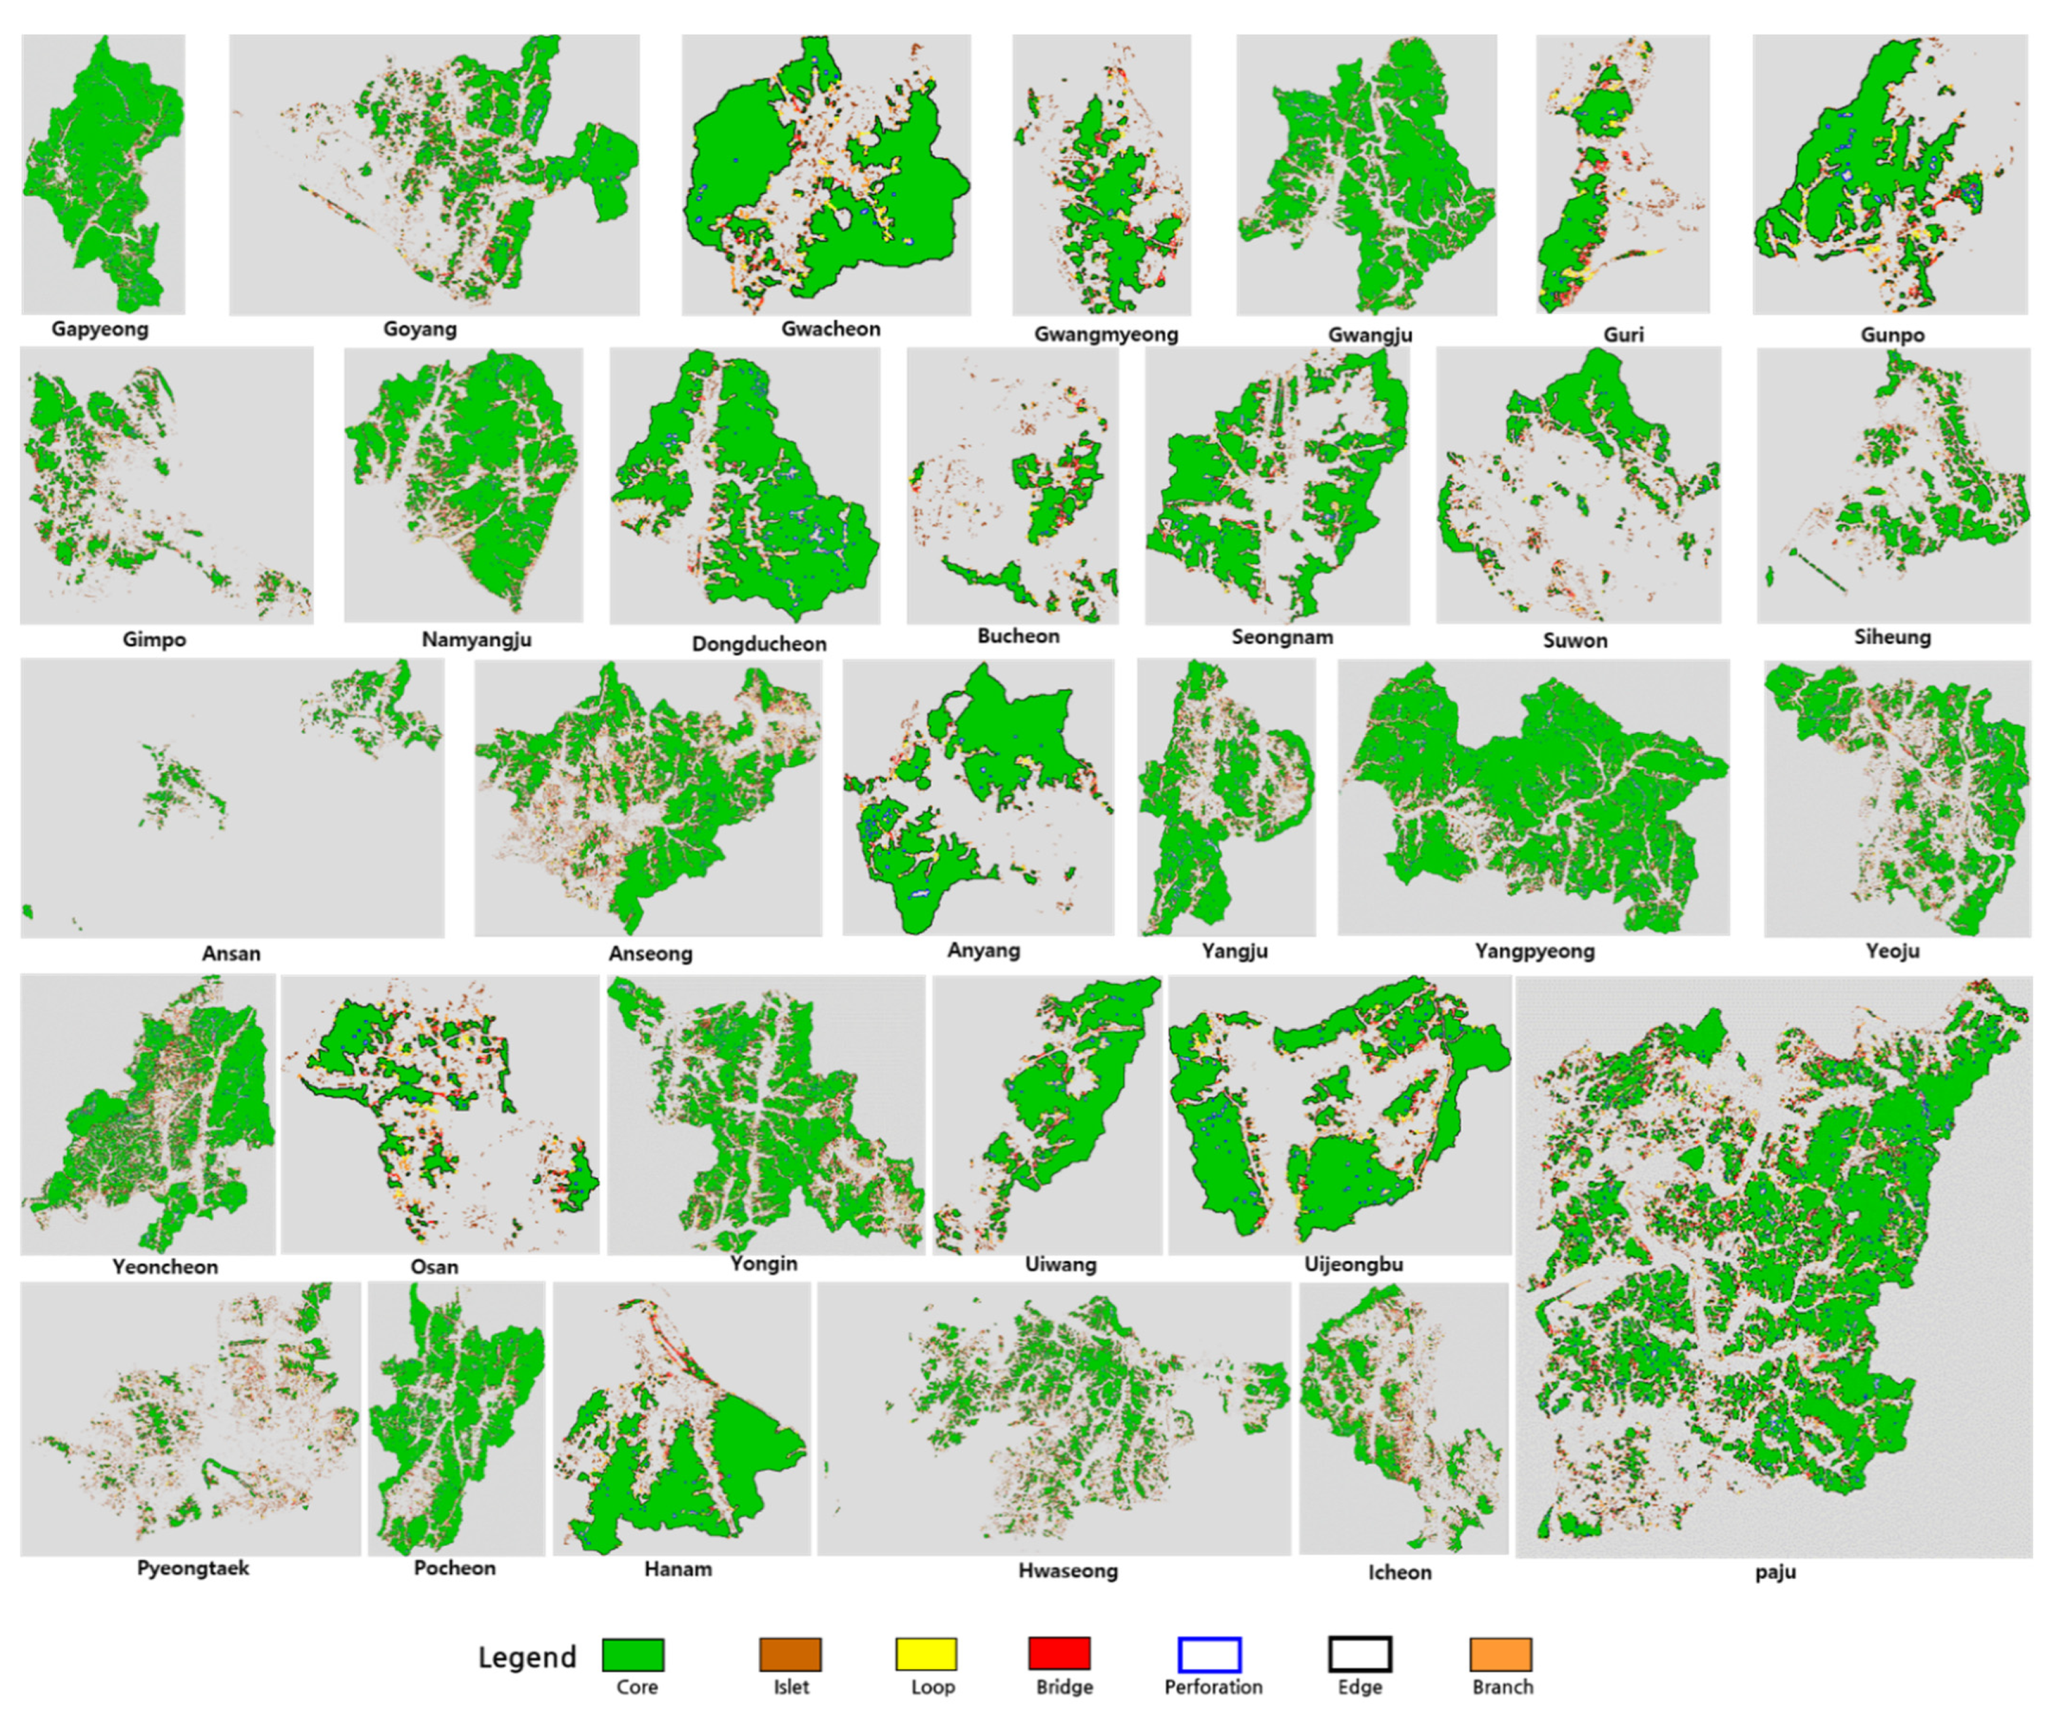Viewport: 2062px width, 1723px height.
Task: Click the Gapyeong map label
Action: (99, 329)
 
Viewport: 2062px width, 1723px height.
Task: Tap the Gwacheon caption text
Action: (831, 329)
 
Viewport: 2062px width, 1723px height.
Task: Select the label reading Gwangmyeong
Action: (1105, 334)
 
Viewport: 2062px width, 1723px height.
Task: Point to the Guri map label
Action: (1623, 334)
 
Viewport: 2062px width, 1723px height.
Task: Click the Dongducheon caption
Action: (759, 644)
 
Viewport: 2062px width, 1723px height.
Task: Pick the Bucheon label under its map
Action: (1018, 637)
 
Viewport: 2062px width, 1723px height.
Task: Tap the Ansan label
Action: (231, 953)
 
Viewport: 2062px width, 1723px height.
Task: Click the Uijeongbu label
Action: (1353, 1264)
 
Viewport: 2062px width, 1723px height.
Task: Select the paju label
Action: (1775, 1571)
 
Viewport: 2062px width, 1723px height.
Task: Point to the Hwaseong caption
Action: (1067, 1571)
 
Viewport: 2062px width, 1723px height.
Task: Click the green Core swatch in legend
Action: (633, 1654)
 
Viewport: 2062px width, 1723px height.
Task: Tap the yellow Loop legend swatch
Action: (926, 1654)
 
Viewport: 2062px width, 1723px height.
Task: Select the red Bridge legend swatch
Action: (1059, 1654)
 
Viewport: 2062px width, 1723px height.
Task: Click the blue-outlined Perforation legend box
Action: (1210, 1654)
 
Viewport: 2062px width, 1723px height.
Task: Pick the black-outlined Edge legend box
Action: (1360, 1654)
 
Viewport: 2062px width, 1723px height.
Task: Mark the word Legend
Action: (527, 1658)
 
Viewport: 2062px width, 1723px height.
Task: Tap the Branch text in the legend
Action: (1502, 1688)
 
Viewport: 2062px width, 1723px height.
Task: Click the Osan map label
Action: (434, 1267)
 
